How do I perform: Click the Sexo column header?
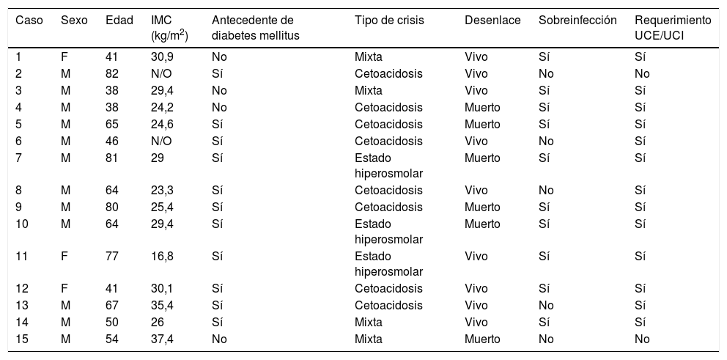point(73,21)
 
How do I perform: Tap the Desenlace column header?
point(492,21)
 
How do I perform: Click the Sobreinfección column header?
point(577,21)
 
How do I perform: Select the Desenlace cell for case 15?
point(482,339)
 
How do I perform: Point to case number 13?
point(22,305)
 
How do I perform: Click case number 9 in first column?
point(19,207)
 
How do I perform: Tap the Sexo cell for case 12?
point(64,288)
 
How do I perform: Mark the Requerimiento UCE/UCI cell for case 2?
point(642,73)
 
